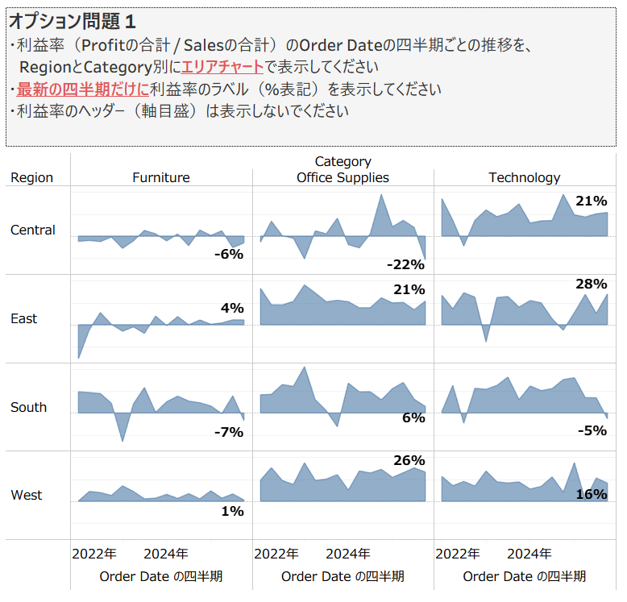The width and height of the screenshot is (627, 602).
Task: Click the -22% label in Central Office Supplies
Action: (405, 264)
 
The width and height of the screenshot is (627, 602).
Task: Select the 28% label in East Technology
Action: (592, 284)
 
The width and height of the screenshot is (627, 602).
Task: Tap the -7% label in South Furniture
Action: (228, 432)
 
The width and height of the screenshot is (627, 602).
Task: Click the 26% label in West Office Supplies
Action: (409, 460)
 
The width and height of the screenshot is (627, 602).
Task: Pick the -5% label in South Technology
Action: (592, 430)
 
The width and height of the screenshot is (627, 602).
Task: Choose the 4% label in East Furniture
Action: (232, 307)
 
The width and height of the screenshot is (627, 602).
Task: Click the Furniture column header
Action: (161, 177)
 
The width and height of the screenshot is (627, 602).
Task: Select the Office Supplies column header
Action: (343, 177)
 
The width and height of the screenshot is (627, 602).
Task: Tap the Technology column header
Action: (524, 177)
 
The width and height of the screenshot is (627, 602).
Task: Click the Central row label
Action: (33, 230)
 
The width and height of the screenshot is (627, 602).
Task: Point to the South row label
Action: (29, 407)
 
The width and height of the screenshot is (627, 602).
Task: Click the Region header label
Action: (32, 177)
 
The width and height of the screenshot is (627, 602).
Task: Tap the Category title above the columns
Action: (343, 162)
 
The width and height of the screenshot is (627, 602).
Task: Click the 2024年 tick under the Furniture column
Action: (166, 554)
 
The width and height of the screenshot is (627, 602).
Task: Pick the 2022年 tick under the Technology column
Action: (458, 554)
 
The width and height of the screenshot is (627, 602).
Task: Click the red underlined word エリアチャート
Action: (222, 67)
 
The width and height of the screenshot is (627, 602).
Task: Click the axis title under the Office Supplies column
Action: (343, 576)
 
